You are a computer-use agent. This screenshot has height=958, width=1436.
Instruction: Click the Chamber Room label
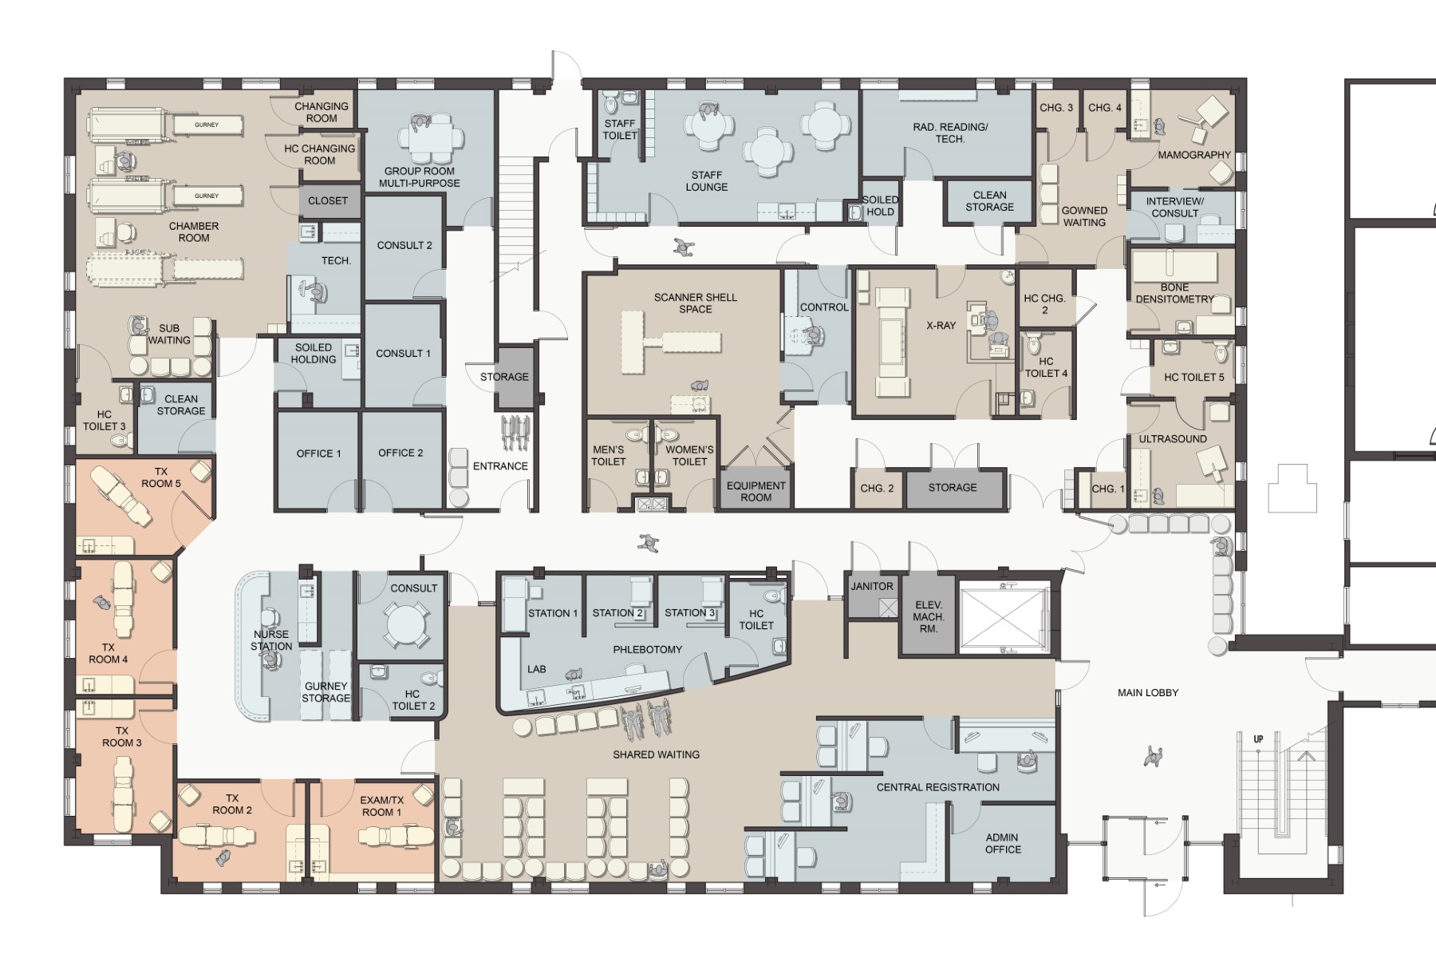tap(194, 232)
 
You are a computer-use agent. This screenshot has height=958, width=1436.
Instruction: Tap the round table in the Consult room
tap(406, 625)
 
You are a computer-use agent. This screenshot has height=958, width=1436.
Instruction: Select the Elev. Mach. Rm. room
tap(929, 613)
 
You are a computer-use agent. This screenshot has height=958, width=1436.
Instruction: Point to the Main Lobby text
tap(1148, 693)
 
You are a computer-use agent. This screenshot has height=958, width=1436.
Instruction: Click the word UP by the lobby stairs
tap(1258, 739)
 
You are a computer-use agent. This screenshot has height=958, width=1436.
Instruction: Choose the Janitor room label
tap(872, 586)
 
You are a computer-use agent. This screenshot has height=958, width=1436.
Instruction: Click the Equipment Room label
tap(756, 491)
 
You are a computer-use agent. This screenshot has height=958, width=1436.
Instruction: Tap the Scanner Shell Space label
tap(696, 303)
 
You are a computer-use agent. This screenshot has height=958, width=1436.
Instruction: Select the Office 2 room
tap(400, 460)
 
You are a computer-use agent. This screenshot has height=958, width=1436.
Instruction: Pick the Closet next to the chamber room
tap(328, 201)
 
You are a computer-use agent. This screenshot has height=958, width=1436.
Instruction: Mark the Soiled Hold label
tap(880, 206)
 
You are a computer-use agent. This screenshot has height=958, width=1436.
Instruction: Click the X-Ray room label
tap(941, 326)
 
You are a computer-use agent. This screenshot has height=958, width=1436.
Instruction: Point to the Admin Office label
tap(1003, 844)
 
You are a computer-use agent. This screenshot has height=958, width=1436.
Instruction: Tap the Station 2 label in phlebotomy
tap(617, 613)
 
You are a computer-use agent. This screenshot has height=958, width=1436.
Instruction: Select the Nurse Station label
tap(271, 640)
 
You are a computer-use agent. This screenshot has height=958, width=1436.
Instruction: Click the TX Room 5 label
tap(161, 477)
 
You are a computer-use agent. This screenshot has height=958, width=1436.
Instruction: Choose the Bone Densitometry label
tap(1174, 293)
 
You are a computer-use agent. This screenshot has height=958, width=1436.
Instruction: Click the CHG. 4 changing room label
tap(1105, 108)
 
